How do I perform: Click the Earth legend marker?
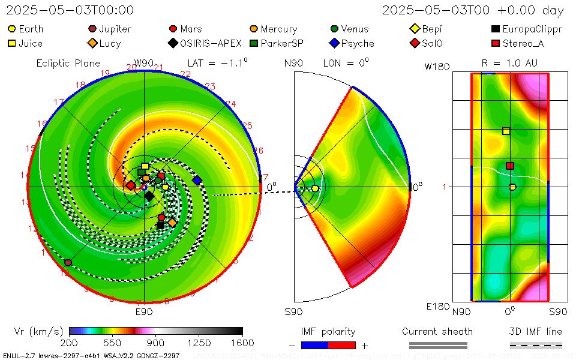[12, 29]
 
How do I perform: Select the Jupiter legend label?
[115, 29]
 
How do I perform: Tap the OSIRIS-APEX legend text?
[211, 43]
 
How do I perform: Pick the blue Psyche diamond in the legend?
[334, 43]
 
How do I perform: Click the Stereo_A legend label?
[523, 43]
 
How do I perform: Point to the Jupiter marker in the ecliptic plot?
[68, 263]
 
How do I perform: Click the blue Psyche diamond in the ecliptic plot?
[197, 180]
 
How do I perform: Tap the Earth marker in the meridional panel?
[315, 188]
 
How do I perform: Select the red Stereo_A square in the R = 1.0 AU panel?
[510, 166]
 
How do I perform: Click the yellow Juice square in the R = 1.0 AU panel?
[506, 131]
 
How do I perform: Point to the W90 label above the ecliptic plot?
[144, 63]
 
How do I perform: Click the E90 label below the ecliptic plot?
[144, 312]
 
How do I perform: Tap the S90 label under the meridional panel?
[293, 312]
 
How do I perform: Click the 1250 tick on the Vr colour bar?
[199, 343]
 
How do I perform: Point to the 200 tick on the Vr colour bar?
[70, 343]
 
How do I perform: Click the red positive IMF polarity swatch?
[342, 345]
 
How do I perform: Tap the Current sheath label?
[437, 331]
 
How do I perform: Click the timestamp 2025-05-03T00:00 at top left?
[70, 10]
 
